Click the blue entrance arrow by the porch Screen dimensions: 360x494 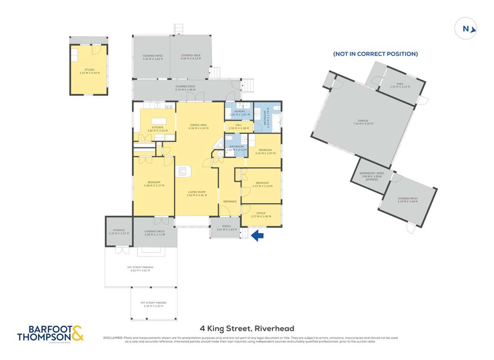point(257,235)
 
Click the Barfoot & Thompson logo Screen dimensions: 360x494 point(50,334)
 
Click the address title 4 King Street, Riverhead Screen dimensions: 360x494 point(247,328)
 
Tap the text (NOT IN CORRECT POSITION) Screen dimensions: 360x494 point(375,54)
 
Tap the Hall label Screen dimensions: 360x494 point(239,126)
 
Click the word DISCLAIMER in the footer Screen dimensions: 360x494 point(113,338)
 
